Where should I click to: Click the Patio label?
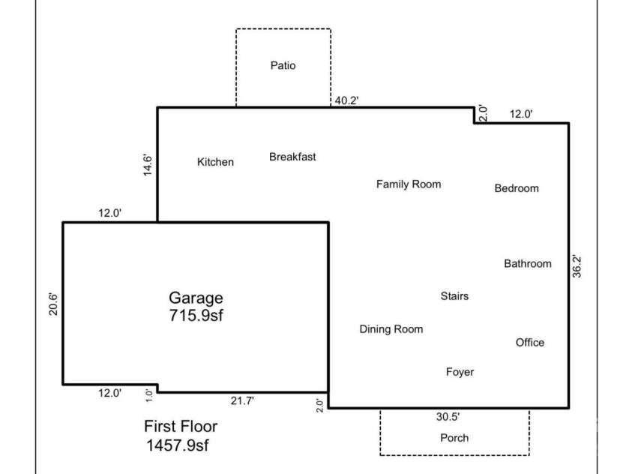coord(283,66)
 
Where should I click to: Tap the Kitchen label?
coord(215,162)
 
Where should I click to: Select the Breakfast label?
coord(292,157)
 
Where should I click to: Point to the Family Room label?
coord(409,184)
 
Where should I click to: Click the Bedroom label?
coord(517,188)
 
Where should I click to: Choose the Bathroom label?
coord(527,263)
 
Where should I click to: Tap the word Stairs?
coord(454,296)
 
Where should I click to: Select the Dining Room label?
coord(391,329)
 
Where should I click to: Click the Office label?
coord(530,343)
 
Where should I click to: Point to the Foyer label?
coord(460,372)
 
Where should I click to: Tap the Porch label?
coord(454,438)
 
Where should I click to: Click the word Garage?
coord(196,298)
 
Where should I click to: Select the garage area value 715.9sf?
coord(196,315)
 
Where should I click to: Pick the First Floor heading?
coord(181,427)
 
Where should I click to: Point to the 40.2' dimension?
coord(347,100)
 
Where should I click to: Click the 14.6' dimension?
coord(148,165)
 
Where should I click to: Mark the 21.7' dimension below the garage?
coord(241,401)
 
